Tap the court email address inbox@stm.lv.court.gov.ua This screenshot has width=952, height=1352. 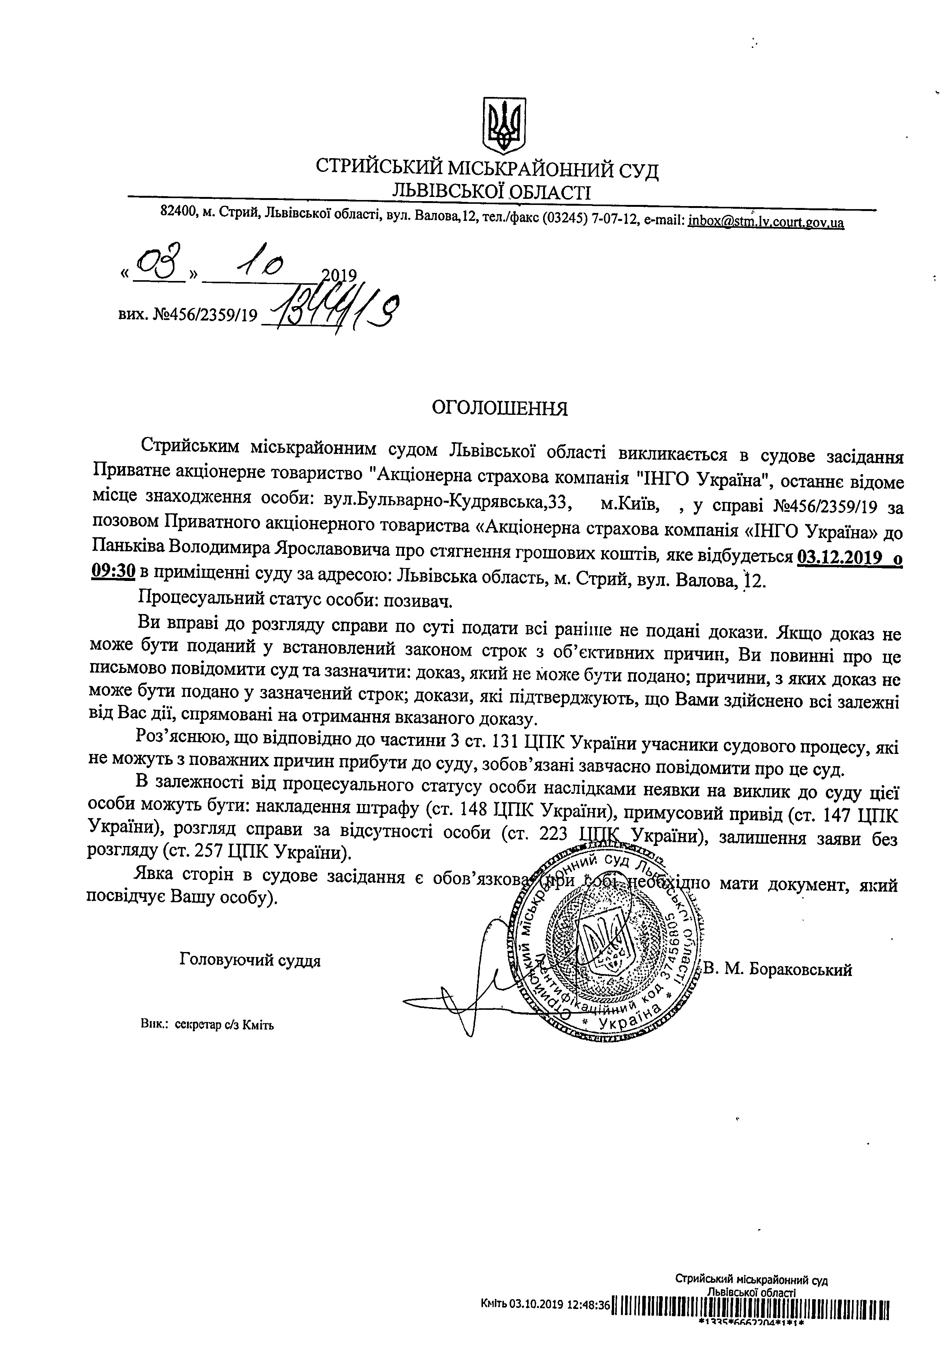(x=766, y=222)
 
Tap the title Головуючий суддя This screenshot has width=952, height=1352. (x=250, y=960)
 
